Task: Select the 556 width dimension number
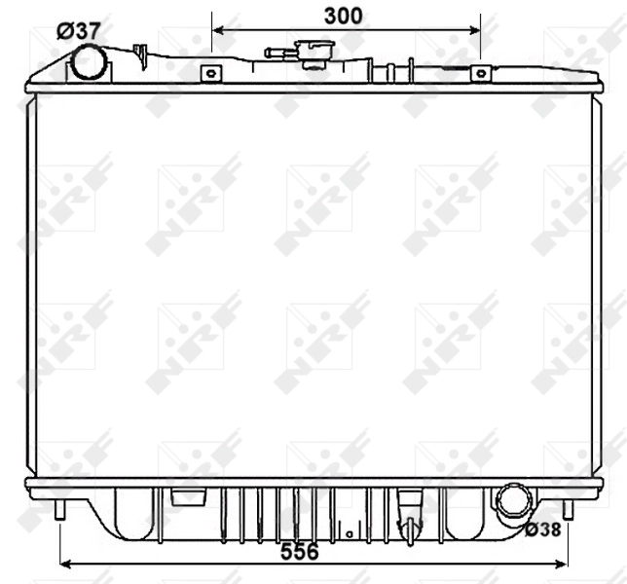click(x=299, y=552)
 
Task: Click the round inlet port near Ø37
click(x=89, y=63)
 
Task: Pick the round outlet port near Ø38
click(x=512, y=501)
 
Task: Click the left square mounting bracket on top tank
click(x=209, y=73)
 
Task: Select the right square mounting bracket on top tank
click(x=479, y=73)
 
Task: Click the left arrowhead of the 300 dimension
click(x=217, y=29)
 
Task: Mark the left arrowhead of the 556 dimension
click(x=65, y=563)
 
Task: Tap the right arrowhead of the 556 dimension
click(x=564, y=563)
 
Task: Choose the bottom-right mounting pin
click(x=569, y=509)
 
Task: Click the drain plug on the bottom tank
click(x=410, y=527)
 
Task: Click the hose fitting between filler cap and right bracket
click(x=392, y=70)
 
